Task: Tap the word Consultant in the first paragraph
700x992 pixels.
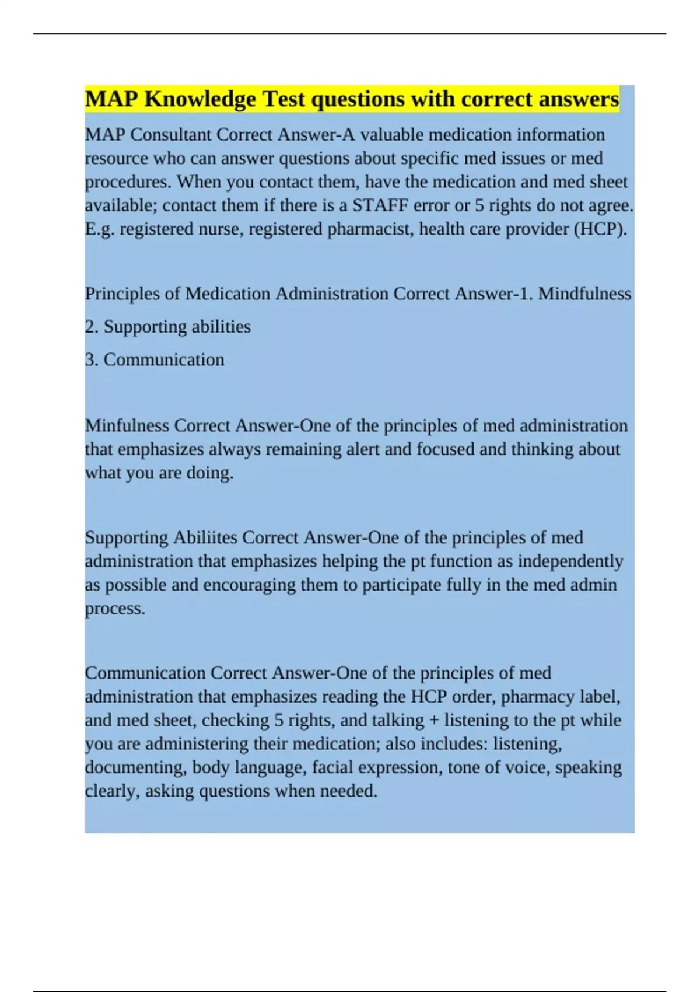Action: point(170,135)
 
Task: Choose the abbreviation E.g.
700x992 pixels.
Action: point(100,229)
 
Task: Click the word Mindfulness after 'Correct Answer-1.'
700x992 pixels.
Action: point(584,294)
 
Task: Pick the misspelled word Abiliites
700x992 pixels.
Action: point(205,537)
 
